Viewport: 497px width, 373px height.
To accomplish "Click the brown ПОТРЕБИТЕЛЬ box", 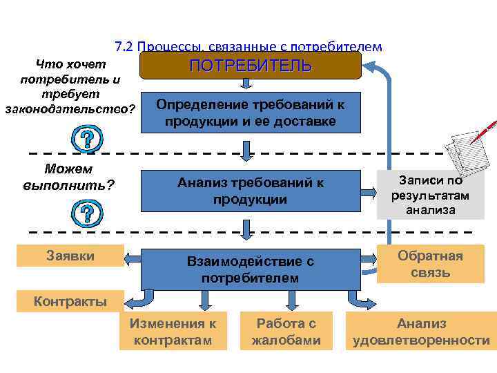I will point(251,66).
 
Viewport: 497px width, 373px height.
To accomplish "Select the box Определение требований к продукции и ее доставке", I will point(251,112).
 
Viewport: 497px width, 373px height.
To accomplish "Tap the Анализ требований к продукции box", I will point(251,191).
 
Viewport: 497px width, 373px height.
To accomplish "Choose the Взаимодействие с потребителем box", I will point(251,269).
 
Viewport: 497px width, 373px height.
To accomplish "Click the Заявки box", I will point(70,256).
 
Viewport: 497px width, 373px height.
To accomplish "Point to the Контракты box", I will point(70,301).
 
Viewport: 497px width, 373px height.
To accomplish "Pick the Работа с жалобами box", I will point(286,332).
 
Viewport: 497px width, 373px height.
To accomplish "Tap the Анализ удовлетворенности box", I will point(421,332).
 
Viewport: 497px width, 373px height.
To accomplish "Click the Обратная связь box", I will point(430,264).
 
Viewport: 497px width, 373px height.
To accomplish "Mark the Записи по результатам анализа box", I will point(430,195).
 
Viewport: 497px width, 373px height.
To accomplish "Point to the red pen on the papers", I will point(483,131).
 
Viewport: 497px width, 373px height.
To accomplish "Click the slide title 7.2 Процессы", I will point(248,46).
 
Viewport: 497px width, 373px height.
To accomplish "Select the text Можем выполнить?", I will point(69,178).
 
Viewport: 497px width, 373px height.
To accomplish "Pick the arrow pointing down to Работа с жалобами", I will point(286,300).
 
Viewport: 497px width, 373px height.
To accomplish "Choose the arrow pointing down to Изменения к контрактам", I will point(204,300).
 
